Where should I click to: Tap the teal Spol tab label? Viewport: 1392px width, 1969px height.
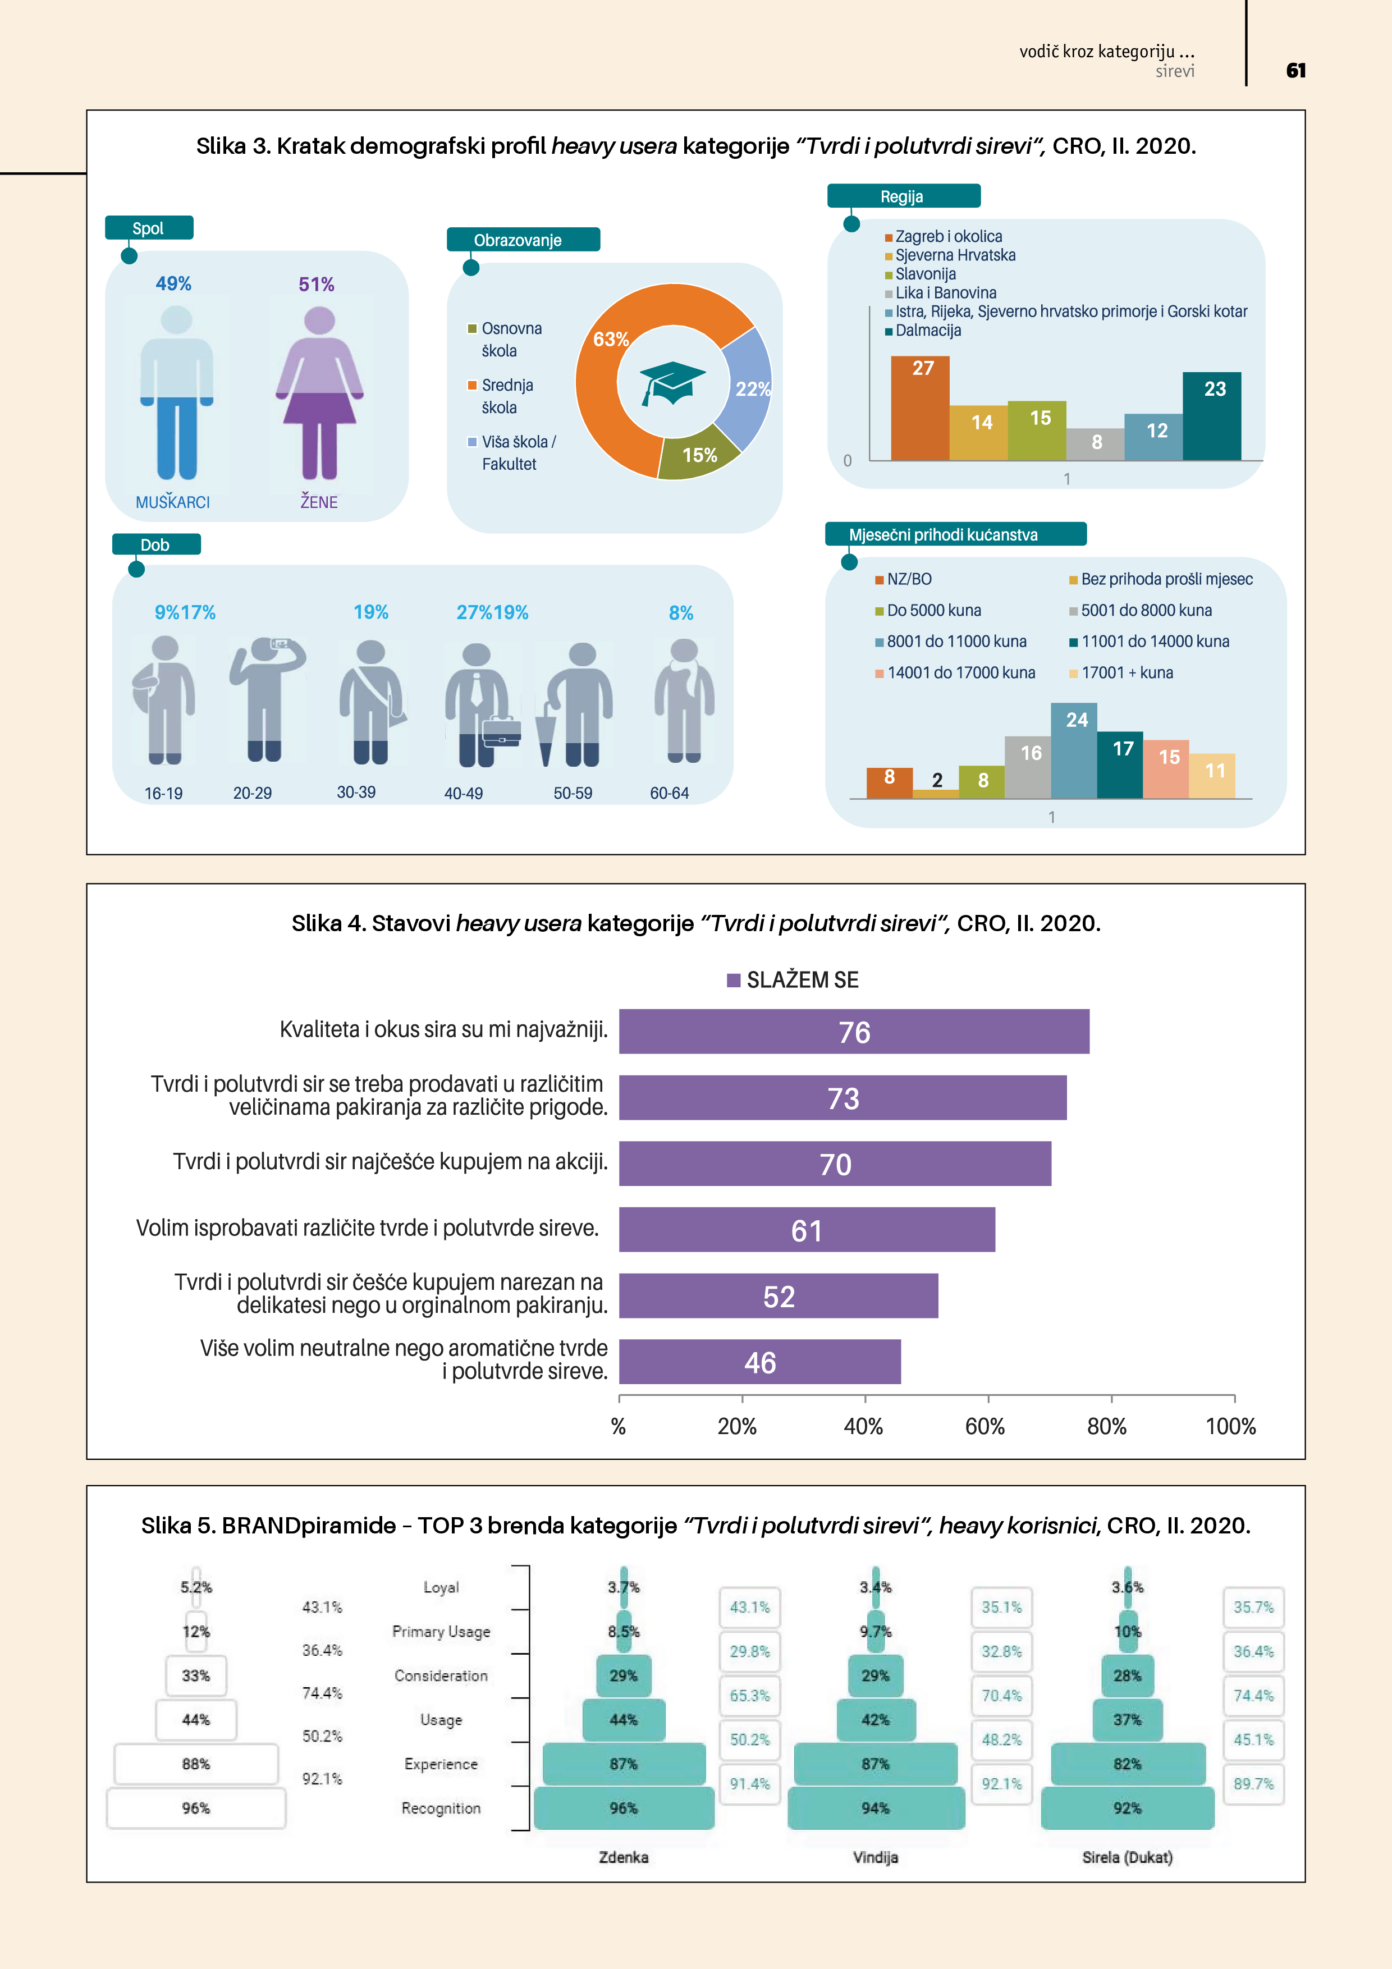coord(148,228)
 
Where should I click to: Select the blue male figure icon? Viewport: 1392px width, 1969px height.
coord(177,393)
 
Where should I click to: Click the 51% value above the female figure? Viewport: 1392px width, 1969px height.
coord(317,285)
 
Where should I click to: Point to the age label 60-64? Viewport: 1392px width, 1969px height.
coord(669,793)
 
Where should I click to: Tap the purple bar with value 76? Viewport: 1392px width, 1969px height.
coord(853,1032)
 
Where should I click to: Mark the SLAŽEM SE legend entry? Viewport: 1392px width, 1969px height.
coord(793,980)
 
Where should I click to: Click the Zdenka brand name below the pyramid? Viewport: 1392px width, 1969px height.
coord(624,1857)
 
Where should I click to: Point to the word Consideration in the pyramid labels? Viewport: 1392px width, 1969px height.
coord(441,1675)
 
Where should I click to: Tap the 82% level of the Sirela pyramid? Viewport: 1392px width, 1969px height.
coord(1127,1764)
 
